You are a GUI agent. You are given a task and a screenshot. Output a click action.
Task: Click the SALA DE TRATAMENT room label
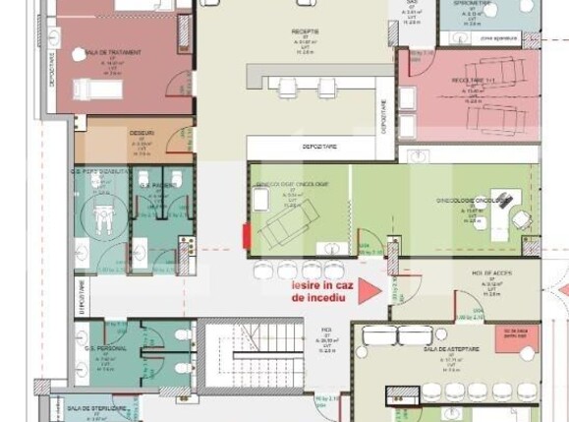(x=113, y=52)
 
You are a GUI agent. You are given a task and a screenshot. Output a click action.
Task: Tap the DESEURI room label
(x=142, y=132)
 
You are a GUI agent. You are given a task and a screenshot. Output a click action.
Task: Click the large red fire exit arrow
(x=368, y=290)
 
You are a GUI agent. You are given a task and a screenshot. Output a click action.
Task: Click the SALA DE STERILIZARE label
(x=97, y=406)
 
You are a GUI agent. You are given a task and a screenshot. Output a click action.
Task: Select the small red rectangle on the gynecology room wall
(x=246, y=236)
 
